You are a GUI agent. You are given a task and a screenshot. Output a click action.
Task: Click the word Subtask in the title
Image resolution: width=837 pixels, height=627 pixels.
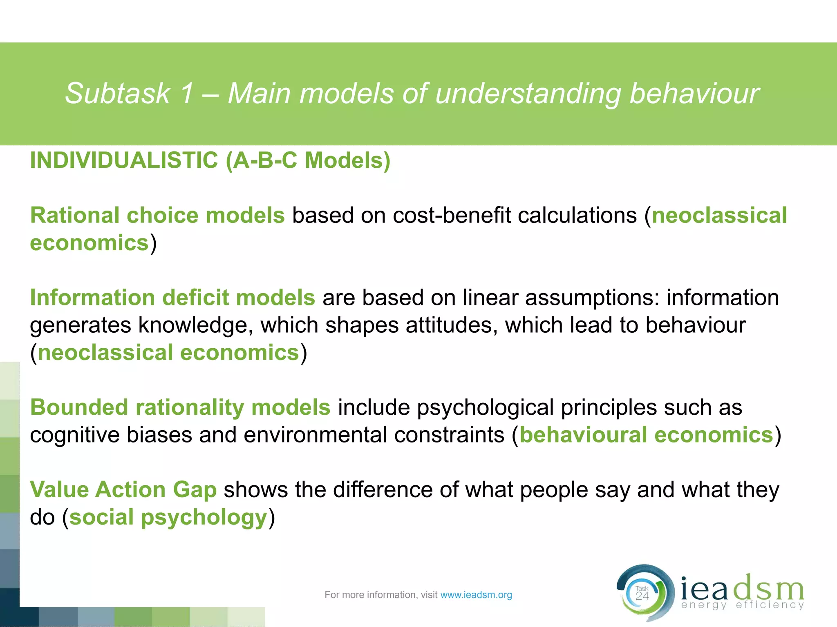click(x=118, y=94)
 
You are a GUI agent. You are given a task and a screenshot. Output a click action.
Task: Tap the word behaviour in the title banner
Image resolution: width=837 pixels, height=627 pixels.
click(x=694, y=94)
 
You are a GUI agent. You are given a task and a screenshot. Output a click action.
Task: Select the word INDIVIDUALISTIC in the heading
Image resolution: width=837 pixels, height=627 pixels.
click(x=124, y=160)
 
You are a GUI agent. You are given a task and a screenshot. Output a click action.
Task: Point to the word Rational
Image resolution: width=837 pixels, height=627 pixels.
click(x=75, y=216)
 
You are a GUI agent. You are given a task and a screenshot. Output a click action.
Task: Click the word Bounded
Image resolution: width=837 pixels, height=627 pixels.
click(x=79, y=407)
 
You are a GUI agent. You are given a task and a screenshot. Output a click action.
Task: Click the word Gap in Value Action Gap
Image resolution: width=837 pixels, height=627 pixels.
click(x=195, y=490)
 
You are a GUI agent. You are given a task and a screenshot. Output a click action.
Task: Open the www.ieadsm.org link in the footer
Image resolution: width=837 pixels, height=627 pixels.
click(x=476, y=595)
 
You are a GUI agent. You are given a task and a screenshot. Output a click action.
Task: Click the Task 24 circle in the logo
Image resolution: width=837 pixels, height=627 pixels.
click(x=642, y=594)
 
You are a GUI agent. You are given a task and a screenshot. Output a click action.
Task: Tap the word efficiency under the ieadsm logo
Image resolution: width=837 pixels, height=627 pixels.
click(x=770, y=605)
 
